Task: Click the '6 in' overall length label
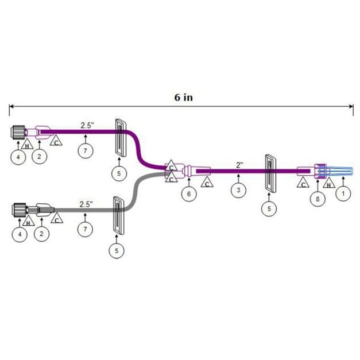[x=183, y=97]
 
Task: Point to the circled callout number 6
[x=188, y=194]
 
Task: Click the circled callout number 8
[x=318, y=199]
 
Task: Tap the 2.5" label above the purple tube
[x=88, y=124]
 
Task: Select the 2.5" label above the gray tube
[x=88, y=204]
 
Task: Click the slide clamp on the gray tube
[x=119, y=219]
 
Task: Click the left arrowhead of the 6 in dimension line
[x=11, y=106]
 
